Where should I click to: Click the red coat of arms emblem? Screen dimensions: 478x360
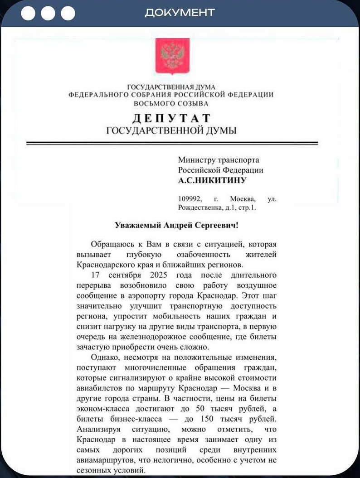point(172,56)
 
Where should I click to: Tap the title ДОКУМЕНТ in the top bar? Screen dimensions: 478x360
point(180,13)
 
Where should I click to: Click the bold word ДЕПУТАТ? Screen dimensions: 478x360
point(171,119)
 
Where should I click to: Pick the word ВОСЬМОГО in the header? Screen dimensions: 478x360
point(152,103)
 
